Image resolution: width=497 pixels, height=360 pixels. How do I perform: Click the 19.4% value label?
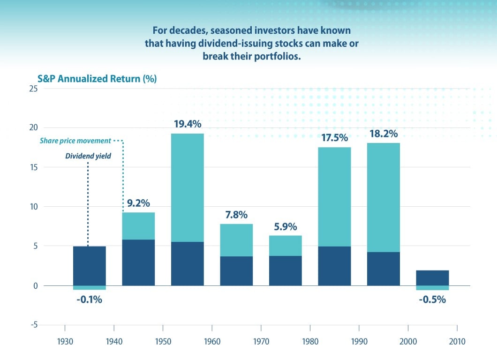(188, 124)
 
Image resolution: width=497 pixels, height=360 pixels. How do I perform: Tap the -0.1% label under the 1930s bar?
(89, 299)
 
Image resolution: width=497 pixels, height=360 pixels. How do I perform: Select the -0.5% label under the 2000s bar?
(432, 299)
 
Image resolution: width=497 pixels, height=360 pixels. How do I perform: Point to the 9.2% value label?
(138, 203)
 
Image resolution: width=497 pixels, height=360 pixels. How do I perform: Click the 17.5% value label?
(334, 138)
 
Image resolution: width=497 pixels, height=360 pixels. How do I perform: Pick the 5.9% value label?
(285, 226)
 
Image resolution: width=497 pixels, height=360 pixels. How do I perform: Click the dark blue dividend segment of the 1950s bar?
(188, 263)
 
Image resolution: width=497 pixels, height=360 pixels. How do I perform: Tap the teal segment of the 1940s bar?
(138, 226)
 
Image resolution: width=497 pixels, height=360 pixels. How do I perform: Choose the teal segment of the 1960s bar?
(236, 240)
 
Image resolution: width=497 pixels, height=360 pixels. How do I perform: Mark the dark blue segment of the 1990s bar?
(383, 269)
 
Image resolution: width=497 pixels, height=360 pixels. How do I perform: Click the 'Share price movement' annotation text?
(75, 141)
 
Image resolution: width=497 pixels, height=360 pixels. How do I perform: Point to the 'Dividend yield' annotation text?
(89, 156)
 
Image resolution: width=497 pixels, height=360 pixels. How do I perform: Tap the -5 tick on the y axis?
(33, 325)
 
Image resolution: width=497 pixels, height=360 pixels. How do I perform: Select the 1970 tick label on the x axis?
(261, 341)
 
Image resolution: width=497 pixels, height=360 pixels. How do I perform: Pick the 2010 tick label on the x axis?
(457, 341)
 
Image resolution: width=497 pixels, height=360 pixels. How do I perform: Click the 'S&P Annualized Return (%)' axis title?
(97, 78)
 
